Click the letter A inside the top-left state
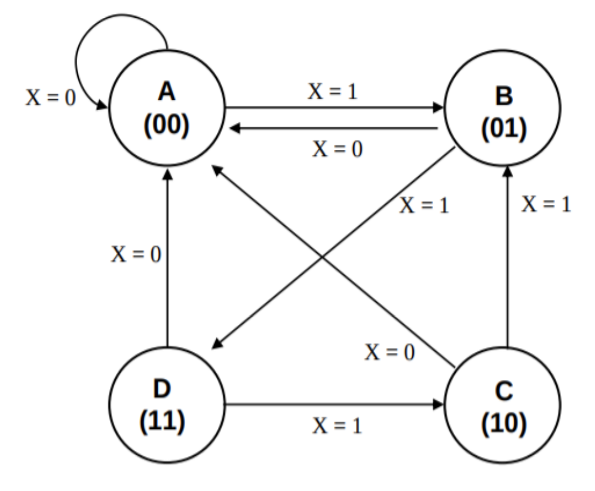coord(167,92)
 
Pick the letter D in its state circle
coord(162,390)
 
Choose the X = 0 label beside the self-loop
coord(50,97)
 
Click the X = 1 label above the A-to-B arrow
coord(333,91)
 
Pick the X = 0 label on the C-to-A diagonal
coord(391,352)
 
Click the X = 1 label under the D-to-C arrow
coord(338,426)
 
